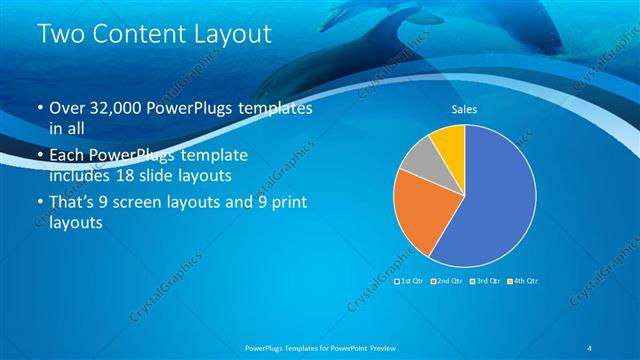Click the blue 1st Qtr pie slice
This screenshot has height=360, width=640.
pos(490,200)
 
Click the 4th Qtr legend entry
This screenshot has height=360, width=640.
pos(524,281)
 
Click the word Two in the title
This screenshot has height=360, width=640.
pos(59,34)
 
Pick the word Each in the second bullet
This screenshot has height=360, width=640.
pos(67,157)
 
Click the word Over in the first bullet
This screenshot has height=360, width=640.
pos(68,109)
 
